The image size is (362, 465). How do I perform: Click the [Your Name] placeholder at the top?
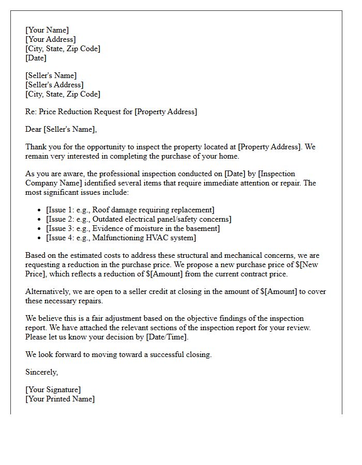click(47, 30)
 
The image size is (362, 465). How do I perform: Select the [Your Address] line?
click(50, 39)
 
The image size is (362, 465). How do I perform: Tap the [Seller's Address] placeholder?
click(54, 85)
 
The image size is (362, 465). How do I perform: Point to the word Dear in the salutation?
click(34, 129)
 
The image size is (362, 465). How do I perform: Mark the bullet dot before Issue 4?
click(40, 238)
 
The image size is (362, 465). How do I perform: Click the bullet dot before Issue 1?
click(40, 210)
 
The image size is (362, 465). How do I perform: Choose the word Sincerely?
click(41, 372)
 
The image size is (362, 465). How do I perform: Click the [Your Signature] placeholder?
click(53, 390)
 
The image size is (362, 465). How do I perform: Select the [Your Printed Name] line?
click(60, 399)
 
